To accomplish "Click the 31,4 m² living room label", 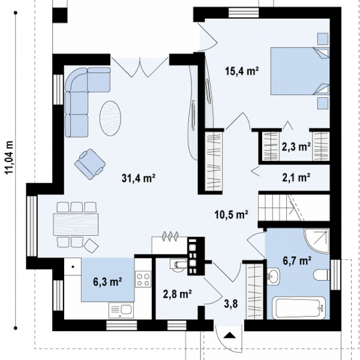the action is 139,178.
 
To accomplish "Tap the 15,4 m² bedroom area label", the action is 242,71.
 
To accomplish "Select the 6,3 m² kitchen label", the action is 107,282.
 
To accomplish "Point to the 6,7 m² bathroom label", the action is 297,260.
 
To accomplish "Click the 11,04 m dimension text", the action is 10,157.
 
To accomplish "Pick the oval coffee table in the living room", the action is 110,118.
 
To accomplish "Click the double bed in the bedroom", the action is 300,71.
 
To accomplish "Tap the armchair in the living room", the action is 90,164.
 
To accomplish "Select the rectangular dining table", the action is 76,224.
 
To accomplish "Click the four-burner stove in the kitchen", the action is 143,279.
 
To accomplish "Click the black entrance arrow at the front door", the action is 230,335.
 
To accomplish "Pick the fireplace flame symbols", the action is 170,236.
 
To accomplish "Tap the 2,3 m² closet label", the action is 296,147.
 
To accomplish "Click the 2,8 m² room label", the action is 178,294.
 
